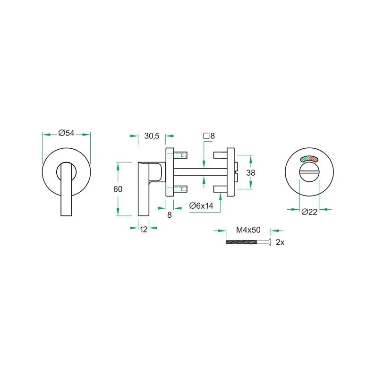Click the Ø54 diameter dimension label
click(x=67, y=133)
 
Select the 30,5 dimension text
click(x=152, y=136)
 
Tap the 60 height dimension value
click(x=118, y=189)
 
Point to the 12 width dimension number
click(x=144, y=230)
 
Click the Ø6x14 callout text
click(x=201, y=205)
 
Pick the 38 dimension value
click(x=251, y=172)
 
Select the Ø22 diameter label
click(x=309, y=212)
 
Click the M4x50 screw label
click(x=248, y=230)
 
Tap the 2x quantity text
click(x=280, y=242)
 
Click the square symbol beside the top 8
click(x=206, y=136)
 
